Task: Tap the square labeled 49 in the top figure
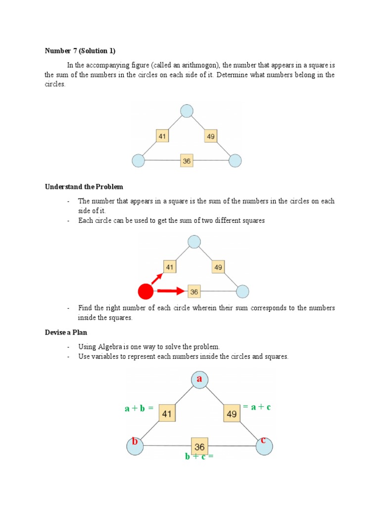pos(210,135)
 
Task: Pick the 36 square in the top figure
pos(187,161)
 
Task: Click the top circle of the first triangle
pos(187,111)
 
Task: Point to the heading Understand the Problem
pos(84,187)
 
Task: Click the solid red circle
pos(145,292)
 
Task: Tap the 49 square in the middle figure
pos(218,267)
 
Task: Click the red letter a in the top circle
pos(200,379)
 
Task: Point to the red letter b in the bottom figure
pos(134,441)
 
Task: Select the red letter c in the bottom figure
pos(264,440)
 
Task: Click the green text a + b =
pos(139,408)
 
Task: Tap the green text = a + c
pos(257,407)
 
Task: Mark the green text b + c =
pos(199,457)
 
